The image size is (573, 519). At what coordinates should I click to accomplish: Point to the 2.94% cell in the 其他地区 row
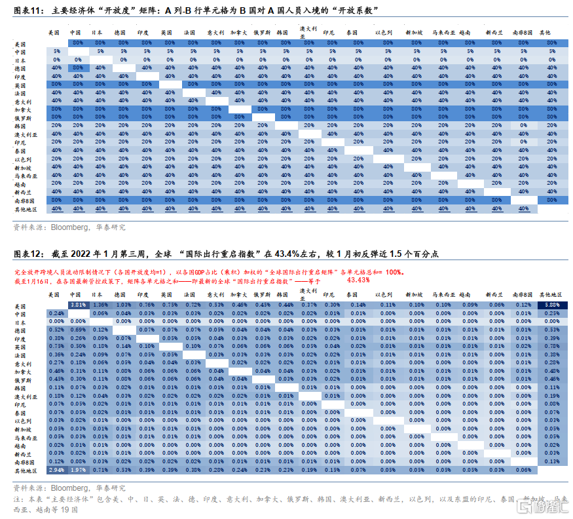point(56,470)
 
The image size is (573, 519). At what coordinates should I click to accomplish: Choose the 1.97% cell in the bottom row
point(78,470)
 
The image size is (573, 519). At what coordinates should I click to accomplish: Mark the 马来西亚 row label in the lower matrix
point(26,437)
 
